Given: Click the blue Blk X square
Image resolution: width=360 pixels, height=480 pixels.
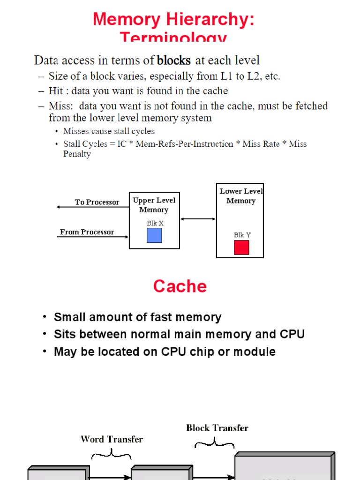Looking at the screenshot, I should click(x=154, y=235).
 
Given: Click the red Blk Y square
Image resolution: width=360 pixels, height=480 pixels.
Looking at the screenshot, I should click(x=241, y=247).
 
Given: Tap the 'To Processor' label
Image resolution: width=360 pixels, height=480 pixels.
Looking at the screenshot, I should click(x=97, y=202).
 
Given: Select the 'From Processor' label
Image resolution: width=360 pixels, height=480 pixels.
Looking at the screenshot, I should click(x=87, y=232).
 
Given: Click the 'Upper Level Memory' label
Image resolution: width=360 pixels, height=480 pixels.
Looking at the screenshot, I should click(x=154, y=205).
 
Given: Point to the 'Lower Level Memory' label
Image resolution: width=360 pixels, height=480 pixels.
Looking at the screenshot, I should click(x=241, y=196).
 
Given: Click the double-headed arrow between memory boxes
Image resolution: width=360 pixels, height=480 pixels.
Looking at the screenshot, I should click(x=197, y=219).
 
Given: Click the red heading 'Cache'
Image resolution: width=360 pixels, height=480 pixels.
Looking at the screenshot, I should click(x=180, y=286).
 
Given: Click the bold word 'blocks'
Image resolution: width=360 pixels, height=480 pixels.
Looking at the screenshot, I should click(x=173, y=60).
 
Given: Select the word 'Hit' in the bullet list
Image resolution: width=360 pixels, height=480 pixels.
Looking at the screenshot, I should click(x=56, y=91).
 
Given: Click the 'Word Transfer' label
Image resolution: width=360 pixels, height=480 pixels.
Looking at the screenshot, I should click(x=112, y=439).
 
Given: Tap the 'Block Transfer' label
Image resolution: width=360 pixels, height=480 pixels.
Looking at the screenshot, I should click(x=217, y=427).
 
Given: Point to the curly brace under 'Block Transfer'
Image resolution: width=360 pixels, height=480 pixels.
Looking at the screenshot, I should click(x=214, y=442).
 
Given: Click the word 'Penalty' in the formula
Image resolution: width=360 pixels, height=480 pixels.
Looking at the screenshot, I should click(x=77, y=154).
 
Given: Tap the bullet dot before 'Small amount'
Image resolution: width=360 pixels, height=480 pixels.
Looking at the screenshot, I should click(x=45, y=317).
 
